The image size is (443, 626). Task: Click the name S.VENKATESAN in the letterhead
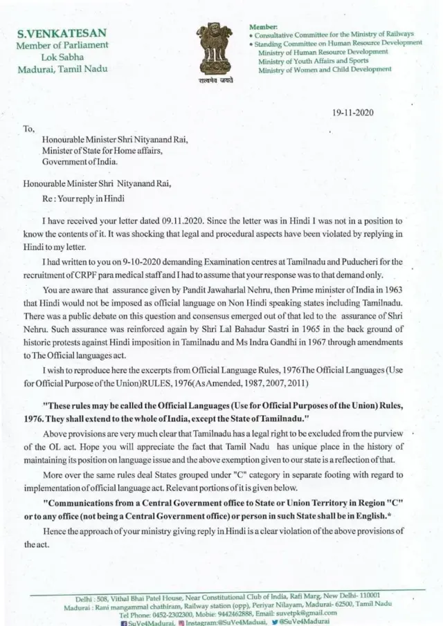(62, 33)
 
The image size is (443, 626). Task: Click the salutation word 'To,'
(29, 128)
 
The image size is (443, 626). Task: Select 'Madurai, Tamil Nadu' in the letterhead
(62, 69)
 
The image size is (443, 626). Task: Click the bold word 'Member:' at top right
(263, 26)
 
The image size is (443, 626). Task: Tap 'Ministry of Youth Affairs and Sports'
(313, 61)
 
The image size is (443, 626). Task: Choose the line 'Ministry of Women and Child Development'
(324, 69)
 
